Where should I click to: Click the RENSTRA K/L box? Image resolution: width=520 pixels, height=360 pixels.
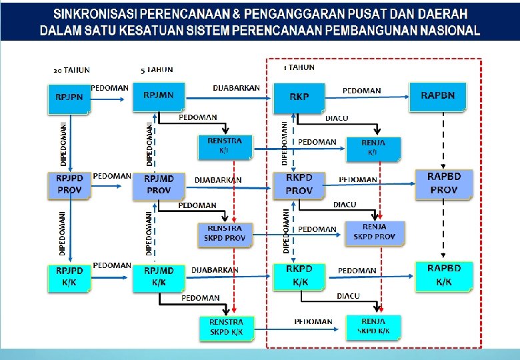click(x=225, y=147)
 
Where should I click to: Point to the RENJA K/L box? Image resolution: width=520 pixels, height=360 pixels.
click(x=373, y=148)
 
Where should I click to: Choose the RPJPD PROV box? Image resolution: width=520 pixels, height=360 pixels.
click(x=69, y=185)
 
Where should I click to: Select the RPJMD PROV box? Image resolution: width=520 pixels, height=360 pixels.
click(x=159, y=185)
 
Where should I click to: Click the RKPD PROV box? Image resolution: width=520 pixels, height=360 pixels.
click(x=299, y=185)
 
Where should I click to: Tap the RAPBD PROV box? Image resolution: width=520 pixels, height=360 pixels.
click(x=443, y=184)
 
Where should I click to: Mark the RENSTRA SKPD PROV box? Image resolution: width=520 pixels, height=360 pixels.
click(x=225, y=234)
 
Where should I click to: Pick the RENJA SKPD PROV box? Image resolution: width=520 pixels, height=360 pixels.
click(x=375, y=233)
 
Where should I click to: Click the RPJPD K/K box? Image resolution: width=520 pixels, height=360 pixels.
click(x=69, y=277)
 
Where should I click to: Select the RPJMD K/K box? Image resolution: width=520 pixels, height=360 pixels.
click(x=159, y=277)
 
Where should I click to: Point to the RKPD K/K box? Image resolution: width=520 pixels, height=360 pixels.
click(x=299, y=276)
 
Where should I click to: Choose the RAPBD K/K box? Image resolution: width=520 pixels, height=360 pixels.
click(x=443, y=275)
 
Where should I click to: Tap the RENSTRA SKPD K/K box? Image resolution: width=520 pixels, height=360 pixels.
click(x=226, y=327)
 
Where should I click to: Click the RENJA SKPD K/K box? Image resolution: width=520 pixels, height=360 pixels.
click(x=374, y=326)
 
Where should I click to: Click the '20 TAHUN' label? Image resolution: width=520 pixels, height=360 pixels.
click(x=71, y=69)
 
